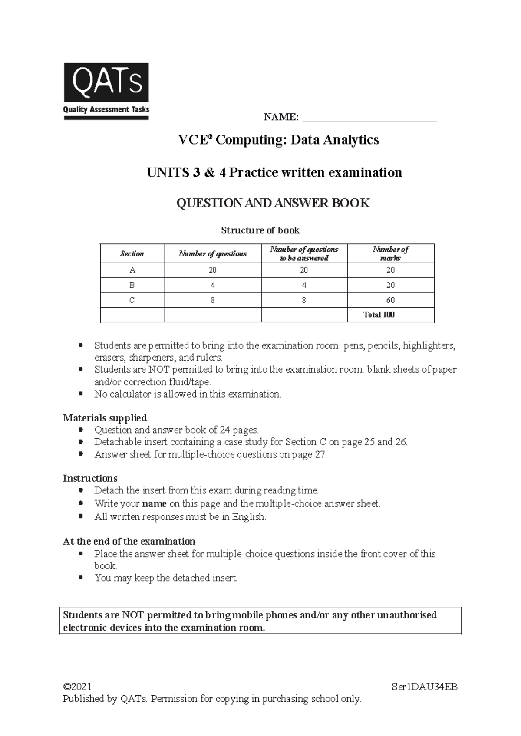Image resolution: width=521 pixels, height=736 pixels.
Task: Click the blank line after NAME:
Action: (369, 118)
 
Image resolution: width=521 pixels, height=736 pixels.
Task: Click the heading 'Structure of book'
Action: (260, 230)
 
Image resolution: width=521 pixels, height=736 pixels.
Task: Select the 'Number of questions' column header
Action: (213, 254)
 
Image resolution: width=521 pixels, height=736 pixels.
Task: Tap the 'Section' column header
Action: (132, 254)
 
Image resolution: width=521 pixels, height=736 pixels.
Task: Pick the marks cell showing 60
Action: (390, 300)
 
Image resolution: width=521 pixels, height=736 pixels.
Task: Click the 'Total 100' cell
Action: (379, 315)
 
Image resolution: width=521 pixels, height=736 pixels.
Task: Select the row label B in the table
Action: (132, 285)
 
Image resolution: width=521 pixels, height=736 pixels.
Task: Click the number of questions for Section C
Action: (213, 300)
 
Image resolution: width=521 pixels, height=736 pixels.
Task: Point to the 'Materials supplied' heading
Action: (105, 418)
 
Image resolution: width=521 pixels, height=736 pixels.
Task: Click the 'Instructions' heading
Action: (90, 478)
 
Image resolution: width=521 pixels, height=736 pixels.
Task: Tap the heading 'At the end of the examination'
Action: (129, 541)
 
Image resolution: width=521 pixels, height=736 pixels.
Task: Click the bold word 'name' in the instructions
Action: (154, 504)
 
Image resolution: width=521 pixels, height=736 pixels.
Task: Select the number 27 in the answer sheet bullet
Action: (320, 455)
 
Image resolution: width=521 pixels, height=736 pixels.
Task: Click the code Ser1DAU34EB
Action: (424, 687)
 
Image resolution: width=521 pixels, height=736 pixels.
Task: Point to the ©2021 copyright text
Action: (77, 687)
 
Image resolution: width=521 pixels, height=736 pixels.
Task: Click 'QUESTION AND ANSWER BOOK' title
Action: (273, 203)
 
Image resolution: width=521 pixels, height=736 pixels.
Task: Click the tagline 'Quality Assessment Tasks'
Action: (106, 110)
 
